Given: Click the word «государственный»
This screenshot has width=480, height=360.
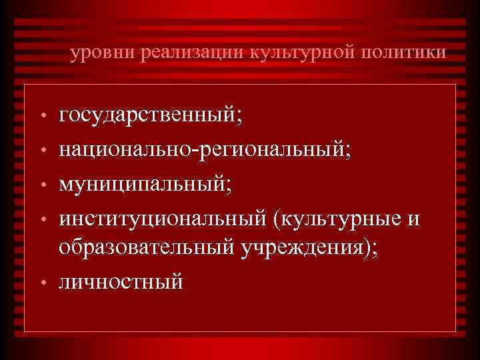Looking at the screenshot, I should [x=147, y=118].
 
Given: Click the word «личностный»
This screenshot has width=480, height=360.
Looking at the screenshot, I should [x=121, y=282].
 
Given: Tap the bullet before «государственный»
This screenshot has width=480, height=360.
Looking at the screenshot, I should [x=42, y=120].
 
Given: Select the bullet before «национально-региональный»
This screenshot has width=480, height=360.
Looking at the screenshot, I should [x=42, y=153].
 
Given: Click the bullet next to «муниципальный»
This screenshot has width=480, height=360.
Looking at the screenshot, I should [x=42, y=185].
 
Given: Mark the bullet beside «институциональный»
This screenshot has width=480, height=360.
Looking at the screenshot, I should [x=42, y=219].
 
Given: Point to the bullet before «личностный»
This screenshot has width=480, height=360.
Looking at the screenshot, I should [x=42, y=284].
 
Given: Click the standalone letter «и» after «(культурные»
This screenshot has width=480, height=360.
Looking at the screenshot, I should [x=413, y=218].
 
